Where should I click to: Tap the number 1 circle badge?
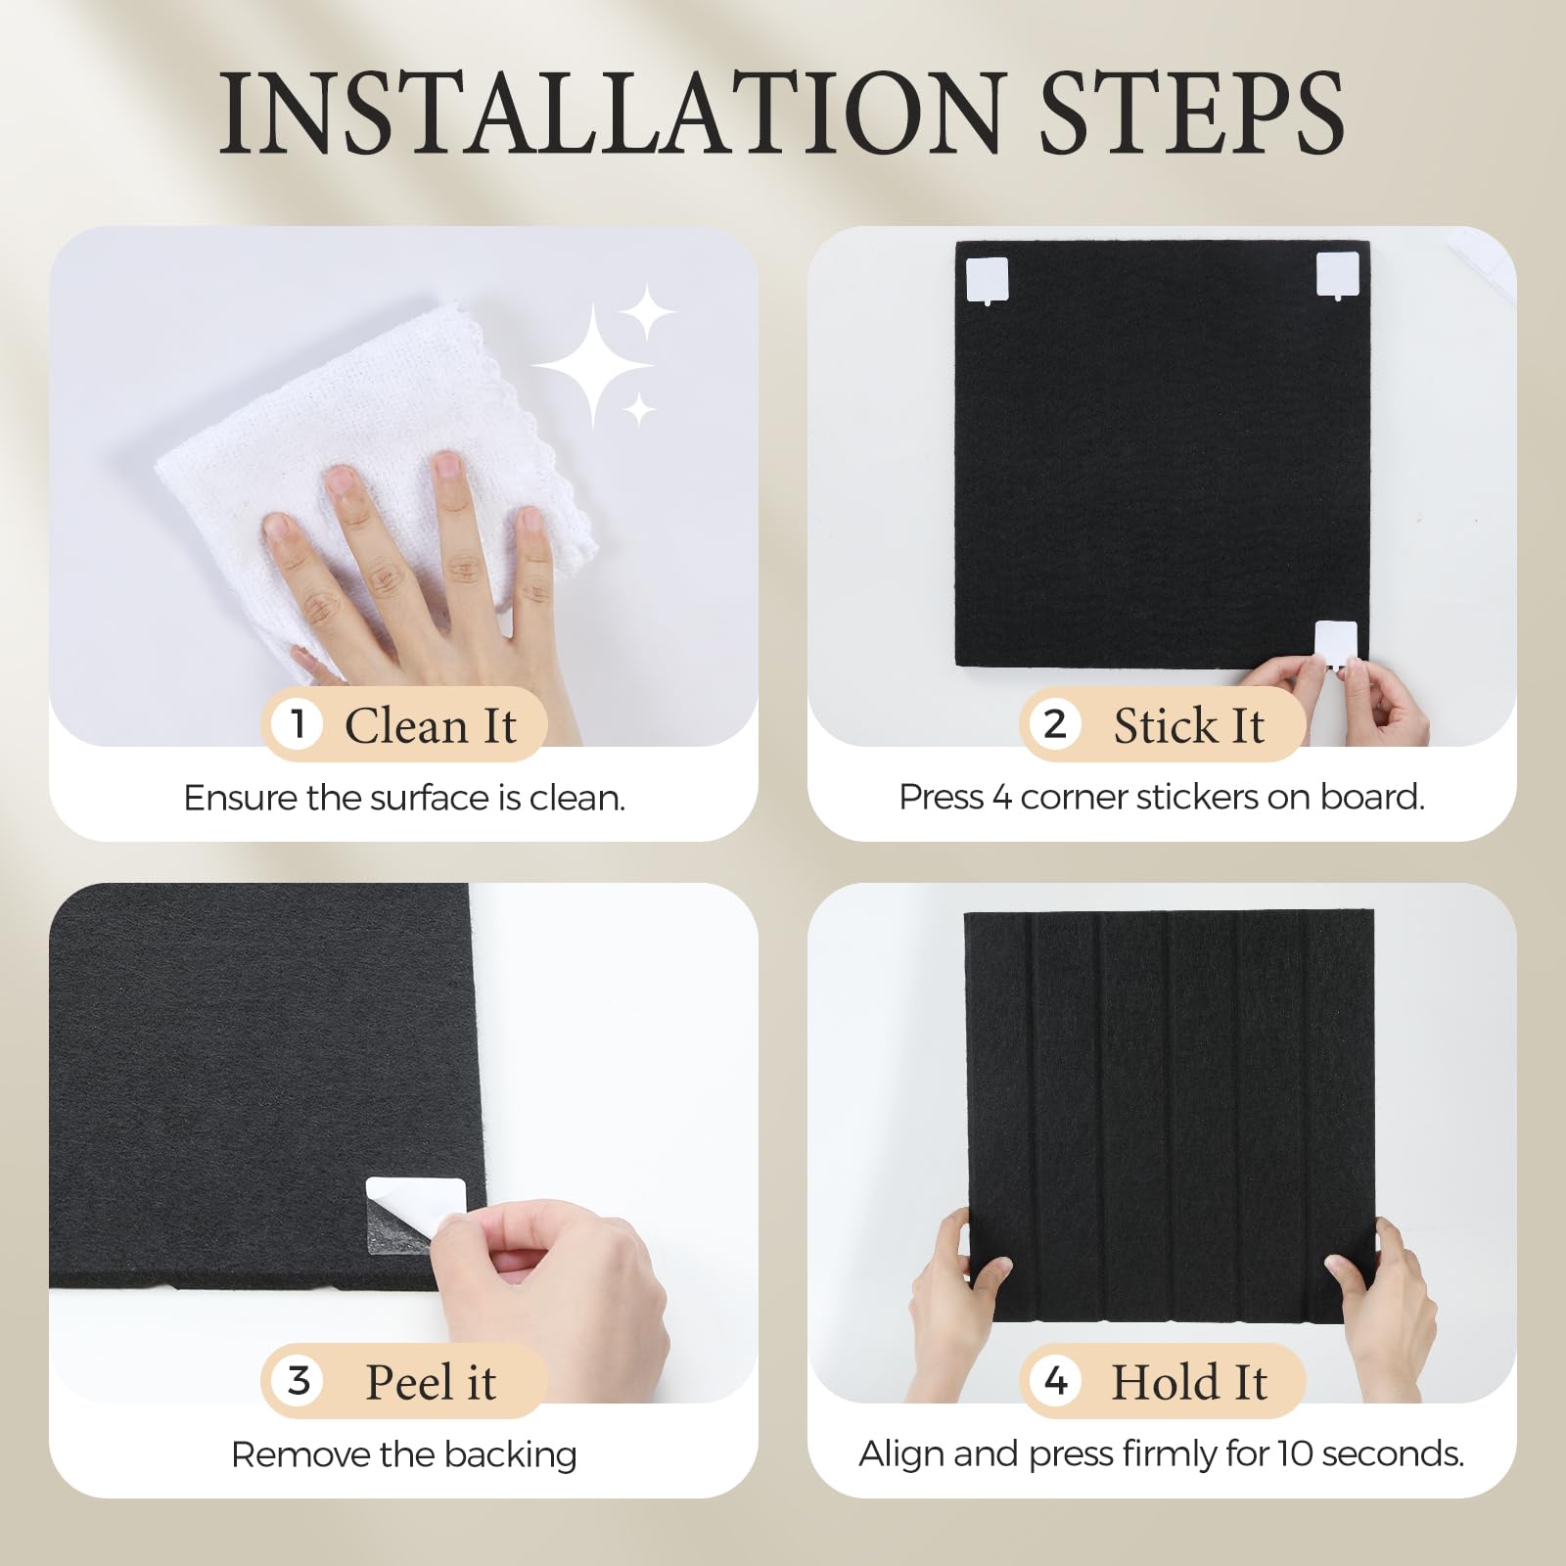click(x=299, y=724)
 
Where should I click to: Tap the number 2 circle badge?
click(x=1055, y=724)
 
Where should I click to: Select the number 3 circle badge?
click(x=299, y=1381)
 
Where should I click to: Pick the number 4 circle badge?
click(x=1055, y=1381)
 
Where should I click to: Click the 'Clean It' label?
click(x=431, y=726)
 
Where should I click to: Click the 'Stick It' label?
click(x=1189, y=726)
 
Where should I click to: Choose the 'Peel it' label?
click(x=431, y=1383)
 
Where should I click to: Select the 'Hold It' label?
click(x=1189, y=1383)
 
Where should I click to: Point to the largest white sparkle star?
click(x=592, y=365)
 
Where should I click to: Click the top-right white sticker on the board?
click(x=1337, y=275)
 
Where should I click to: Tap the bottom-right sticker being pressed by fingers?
click(x=1336, y=642)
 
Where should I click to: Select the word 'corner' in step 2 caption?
click(x=1076, y=798)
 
